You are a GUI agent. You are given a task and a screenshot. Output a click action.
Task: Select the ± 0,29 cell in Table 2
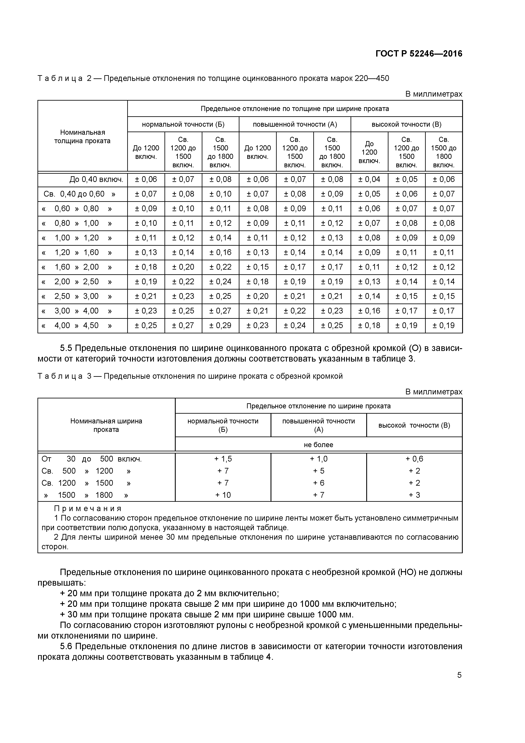click(x=220, y=326)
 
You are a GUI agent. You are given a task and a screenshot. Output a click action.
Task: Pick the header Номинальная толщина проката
click(x=83, y=137)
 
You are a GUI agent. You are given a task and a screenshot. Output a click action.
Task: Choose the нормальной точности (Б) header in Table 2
click(x=183, y=125)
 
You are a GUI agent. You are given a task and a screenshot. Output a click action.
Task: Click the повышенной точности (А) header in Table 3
click(x=318, y=425)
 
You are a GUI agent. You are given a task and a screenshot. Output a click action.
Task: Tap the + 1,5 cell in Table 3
click(x=223, y=459)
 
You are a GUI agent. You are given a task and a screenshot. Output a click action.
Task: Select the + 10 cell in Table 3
click(x=223, y=495)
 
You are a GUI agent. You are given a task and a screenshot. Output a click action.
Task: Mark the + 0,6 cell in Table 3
click(x=414, y=459)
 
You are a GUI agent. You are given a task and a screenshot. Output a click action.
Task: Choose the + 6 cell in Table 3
click(x=318, y=483)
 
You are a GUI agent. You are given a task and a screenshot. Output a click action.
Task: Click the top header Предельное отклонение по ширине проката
click(x=318, y=406)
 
